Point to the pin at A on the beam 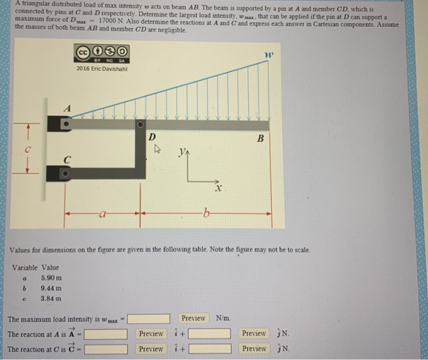pyautogui.click(x=67, y=124)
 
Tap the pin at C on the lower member pyautogui.click(x=67, y=174)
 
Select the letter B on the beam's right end pyautogui.click(x=260, y=139)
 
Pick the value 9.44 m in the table pyautogui.click(x=51, y=288)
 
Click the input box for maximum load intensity pyautogui.click(x=149, y=318)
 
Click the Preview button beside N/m pyautogui.click(x=193, y=318)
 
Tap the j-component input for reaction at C pyautogui.click(x=210, y=349)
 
